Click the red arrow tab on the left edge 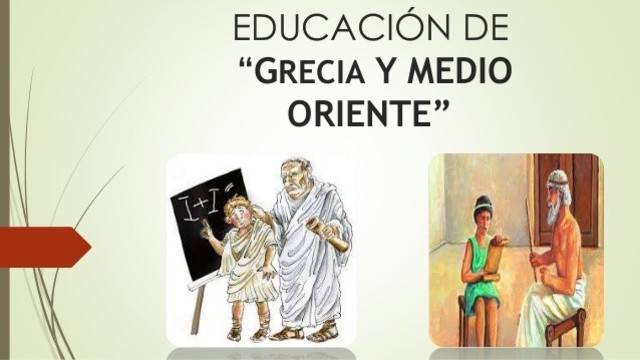click(x=44, y=246)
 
